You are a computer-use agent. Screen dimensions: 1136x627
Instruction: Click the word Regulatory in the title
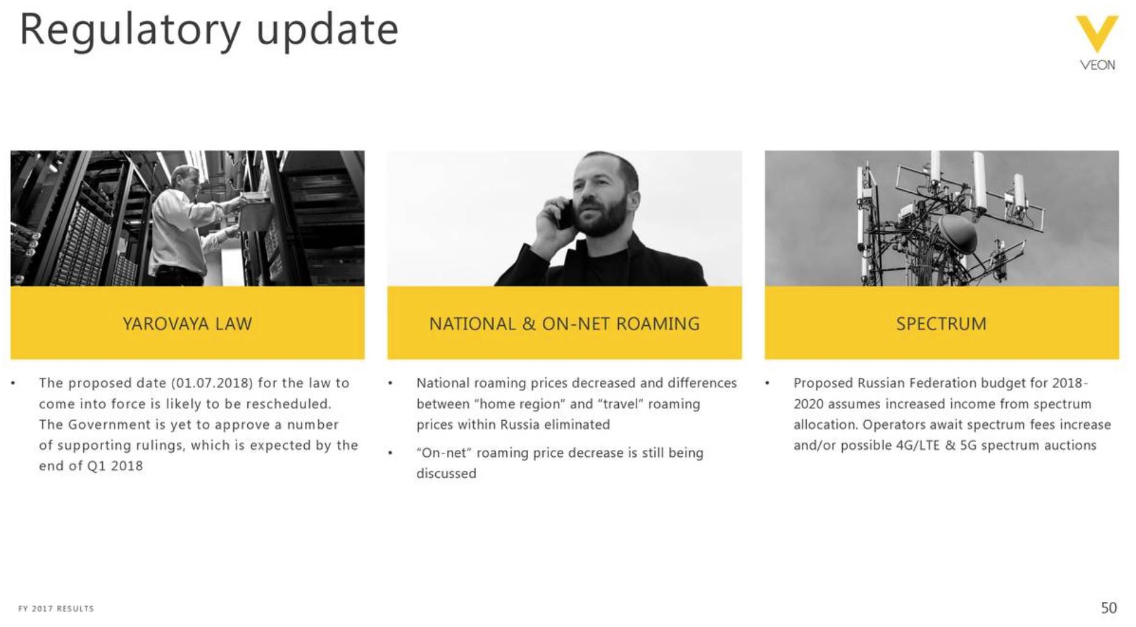[130, 31]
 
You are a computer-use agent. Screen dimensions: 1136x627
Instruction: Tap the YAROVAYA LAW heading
[187, 323]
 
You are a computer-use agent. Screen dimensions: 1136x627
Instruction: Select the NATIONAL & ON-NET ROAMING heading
[564, 323]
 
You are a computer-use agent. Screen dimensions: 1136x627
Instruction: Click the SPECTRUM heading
[941, 323]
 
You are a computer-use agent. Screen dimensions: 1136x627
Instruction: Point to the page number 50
[1108, 607]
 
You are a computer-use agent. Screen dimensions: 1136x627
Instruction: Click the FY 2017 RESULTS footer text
[56, 609]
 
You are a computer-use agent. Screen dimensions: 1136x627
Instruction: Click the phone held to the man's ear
[564, 214]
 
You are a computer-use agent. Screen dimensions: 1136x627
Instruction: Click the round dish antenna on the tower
[957, 234]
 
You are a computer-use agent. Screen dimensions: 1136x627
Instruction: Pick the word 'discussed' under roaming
[446, 473]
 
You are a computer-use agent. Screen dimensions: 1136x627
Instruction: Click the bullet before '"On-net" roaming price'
[390, 453]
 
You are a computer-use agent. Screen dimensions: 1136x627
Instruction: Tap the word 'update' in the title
[327, 31]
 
